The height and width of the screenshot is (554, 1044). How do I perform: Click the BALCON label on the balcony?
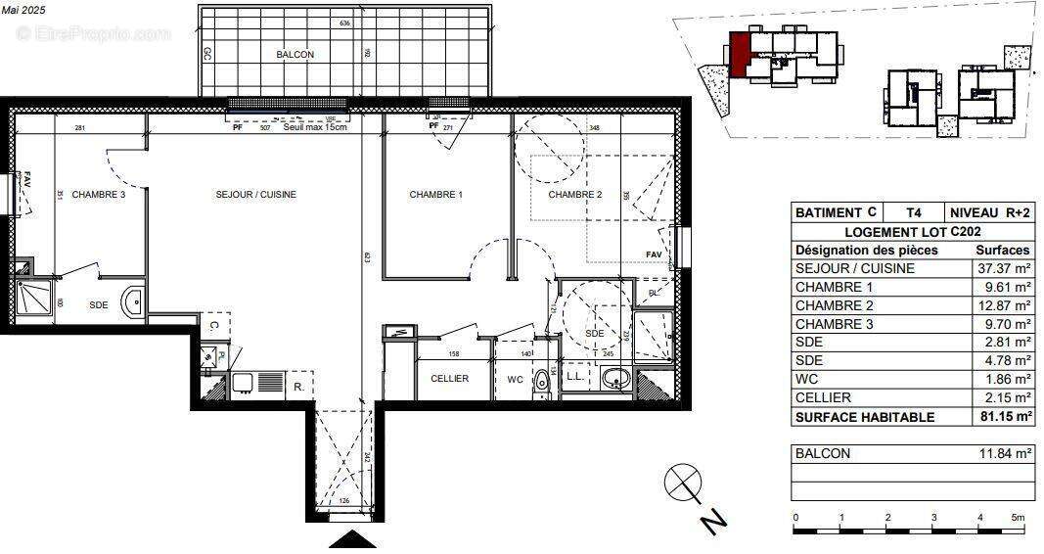(x=295, y=55)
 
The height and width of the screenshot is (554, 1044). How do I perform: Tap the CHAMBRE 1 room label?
(x=435, y=195)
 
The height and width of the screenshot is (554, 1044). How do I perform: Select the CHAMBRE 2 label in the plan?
(x=574, y=195)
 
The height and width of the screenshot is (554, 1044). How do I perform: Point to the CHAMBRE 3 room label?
(x=98, y=195)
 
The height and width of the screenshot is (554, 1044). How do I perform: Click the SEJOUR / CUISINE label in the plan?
(x=255, y=195)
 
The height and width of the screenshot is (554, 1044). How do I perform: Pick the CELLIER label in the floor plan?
(x=449, y=379)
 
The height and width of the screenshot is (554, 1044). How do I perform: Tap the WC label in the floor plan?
(x=515, y=379)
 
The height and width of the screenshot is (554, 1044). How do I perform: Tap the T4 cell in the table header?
(x=913, y=212)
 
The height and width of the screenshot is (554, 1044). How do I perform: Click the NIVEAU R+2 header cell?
(x=989, y=212)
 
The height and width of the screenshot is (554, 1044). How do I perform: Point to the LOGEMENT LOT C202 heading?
(x=912, y=231)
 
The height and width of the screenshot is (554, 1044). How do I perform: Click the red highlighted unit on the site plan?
(x=740, y=53)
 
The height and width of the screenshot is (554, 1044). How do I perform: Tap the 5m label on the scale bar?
(x=1018, y=517)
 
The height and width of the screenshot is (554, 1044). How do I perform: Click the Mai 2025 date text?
(x=23, y=8)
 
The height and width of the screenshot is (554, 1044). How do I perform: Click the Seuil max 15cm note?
(x=315, y=127)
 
